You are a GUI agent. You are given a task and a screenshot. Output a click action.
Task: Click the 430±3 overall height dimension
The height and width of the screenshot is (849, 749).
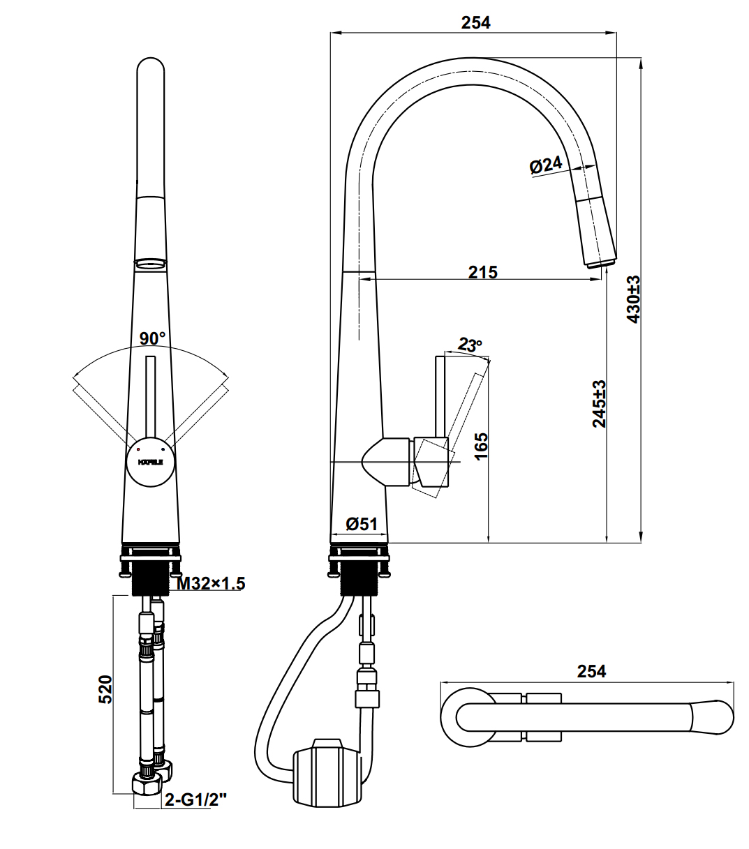633,299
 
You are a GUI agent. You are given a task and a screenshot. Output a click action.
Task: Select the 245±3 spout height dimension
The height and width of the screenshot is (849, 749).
599,403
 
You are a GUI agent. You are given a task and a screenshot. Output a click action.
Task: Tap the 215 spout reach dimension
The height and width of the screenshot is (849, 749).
482,272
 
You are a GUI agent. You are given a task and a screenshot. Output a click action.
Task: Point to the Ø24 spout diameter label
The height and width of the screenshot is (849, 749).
545,165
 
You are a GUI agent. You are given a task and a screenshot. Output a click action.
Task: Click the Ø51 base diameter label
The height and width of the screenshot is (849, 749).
362,524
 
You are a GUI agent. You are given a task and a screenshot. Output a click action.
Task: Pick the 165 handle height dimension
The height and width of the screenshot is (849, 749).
480,446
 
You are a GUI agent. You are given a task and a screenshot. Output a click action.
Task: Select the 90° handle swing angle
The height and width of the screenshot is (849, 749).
152,338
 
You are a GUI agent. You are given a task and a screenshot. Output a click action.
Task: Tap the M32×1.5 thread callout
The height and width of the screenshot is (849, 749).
210,583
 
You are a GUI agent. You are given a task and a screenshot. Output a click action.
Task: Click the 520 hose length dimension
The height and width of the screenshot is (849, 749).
105,689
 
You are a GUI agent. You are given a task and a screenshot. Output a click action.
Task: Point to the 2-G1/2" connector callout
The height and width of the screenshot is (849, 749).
195,799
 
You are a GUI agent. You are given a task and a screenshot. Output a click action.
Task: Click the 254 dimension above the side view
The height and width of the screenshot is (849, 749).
475,22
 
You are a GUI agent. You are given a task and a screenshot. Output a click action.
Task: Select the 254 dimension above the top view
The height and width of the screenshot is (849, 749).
591,671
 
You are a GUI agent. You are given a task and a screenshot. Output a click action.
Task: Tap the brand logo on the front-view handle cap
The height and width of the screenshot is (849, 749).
150,462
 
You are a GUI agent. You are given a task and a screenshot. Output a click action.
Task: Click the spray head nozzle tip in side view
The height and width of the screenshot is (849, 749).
600,263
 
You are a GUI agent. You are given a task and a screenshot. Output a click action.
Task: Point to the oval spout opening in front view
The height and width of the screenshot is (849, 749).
151,263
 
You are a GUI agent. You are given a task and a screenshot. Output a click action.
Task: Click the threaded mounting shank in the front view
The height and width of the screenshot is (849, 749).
150,578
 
